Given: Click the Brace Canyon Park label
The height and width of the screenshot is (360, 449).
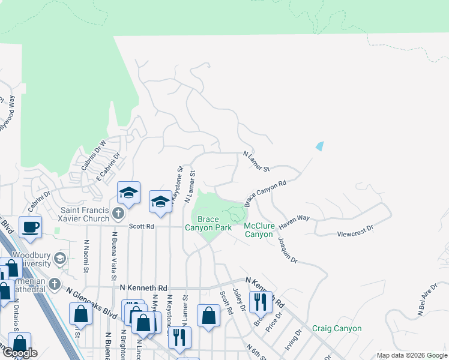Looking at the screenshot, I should point(208,224).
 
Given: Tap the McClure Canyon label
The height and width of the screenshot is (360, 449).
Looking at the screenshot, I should point(259,230).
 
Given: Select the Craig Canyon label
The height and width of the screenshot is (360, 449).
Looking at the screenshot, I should point(337,329).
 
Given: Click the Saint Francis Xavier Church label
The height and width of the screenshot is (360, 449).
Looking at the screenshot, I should point(85,214).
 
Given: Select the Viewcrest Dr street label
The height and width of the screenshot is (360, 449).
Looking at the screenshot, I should point(355,229).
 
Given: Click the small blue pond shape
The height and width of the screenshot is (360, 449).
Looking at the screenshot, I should point(319,146).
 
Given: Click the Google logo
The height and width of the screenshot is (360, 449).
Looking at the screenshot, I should point(20,353).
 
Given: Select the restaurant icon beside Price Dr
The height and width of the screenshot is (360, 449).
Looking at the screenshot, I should point(260,301).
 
